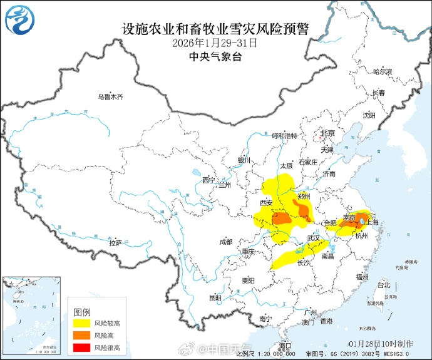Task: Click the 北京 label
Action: tap(327, 133)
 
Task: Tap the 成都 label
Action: tap(225, 242)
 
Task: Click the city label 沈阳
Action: tap(369, 115)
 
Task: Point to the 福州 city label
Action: tap(361, 276)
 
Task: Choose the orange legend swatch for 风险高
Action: tap(81, 336)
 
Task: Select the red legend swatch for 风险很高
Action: tap(81, 347)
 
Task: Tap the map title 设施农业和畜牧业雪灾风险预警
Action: tap(215, 29)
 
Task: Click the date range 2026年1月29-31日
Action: tap(215, 43)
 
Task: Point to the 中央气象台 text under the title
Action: tap(215, 56)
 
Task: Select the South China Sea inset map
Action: tap(32, 317)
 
